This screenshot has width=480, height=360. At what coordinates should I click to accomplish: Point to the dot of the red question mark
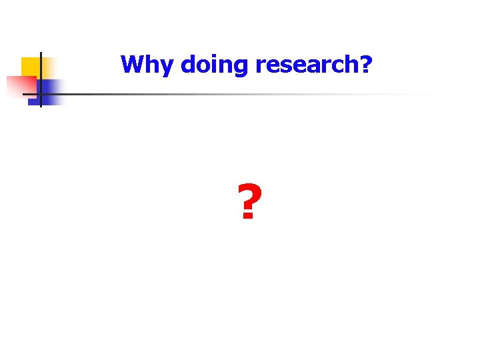tap(247, 217)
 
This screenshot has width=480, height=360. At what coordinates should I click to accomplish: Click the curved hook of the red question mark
tap(249, 195)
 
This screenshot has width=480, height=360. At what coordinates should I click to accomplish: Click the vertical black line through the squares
tap(41, 73)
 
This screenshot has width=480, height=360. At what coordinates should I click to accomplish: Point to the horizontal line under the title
tap(233, 94)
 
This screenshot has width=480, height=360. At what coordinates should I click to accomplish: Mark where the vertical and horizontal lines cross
tap(41, 94)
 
